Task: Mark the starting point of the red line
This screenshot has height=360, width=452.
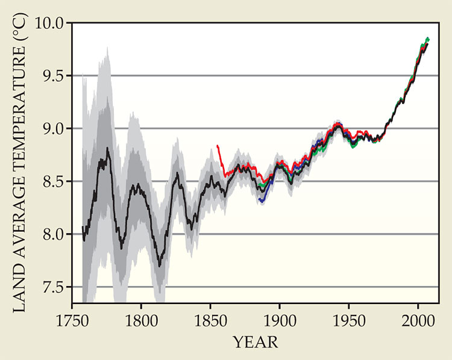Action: [x=218, y=146]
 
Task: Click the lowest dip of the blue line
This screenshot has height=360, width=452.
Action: [x=262, y=200]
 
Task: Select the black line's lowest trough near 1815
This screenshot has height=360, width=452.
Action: [x=160, y=265]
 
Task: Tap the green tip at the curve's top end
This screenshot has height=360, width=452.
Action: [x=427, y=39]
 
